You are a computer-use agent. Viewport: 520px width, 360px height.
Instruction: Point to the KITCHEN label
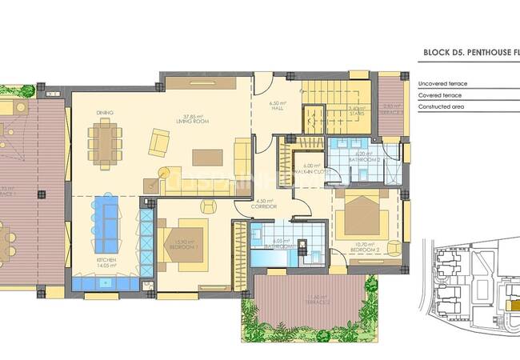click(106, 261)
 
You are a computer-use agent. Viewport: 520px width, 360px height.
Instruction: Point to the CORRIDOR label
click(264, 206)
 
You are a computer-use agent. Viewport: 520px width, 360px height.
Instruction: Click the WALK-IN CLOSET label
click(306, 170)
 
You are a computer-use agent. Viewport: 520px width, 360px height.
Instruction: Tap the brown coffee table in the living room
click(207, 157)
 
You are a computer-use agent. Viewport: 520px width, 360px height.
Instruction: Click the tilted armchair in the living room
click(158, 143)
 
